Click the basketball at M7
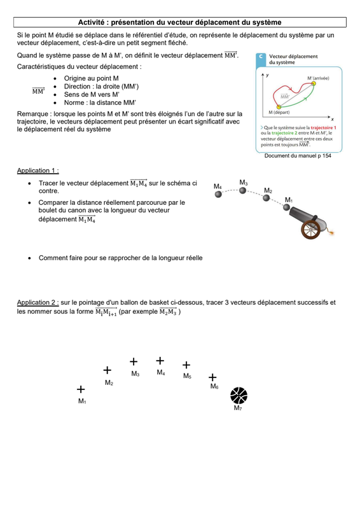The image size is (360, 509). (x=239, y=395)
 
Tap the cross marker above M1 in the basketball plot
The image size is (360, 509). (x=81, y=389)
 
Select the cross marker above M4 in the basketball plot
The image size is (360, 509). (x=160, y=361)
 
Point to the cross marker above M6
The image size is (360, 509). (x=212, y=377)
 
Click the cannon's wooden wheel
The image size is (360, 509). (x=310, y=229)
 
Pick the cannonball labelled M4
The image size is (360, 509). (x=218, y=194)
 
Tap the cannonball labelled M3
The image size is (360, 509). (x=242, y=190)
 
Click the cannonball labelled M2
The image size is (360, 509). (x=267, y=198)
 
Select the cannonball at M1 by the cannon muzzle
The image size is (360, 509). (x=286, y=207)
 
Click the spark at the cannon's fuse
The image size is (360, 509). (x=331, y=232)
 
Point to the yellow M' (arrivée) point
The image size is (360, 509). (x=314, y=83)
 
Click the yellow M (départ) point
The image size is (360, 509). (x=279, y=107)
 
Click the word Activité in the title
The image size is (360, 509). (x=91, y=22)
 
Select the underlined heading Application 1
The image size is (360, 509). (x=38, y=171)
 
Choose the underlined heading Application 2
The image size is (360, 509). (x=38, y=302)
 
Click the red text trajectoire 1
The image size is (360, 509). (x=323, y=128)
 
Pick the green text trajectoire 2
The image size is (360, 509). (x=284, y=133)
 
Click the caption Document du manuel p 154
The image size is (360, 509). (x=298, y=156)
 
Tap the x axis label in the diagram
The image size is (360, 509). (x=333, y=120)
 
